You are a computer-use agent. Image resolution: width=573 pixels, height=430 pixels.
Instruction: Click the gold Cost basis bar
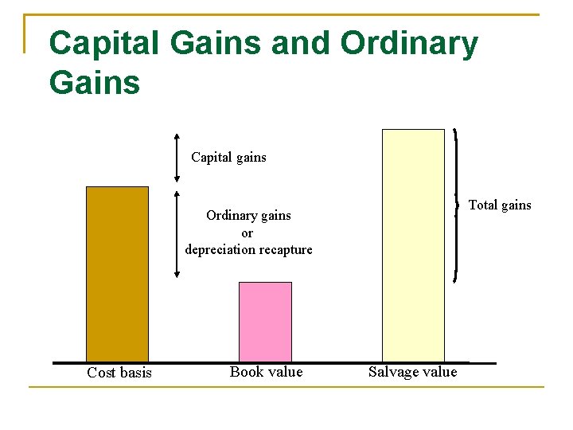click(x=117, y=274)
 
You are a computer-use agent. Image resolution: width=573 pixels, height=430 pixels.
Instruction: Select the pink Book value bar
click(x=265, y=322)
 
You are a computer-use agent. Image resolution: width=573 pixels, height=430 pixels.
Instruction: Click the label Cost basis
click(x=119, y=373)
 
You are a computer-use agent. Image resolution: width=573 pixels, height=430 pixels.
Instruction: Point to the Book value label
click(x=266, y=372)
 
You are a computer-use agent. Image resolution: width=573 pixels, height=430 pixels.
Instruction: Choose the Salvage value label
click(x=412, y=372)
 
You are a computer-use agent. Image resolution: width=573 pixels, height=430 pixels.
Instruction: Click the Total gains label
click(x=499, y=205)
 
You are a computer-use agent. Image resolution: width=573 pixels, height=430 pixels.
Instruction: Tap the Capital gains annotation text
click(x=228, y=158)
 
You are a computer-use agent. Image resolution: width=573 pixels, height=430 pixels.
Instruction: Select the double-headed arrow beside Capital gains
click(x=177, y=158)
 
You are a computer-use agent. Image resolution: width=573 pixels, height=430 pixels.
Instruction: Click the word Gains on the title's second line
click(x=94, y=82)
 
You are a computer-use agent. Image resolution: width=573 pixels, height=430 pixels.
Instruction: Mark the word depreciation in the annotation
click(x=220, y=250)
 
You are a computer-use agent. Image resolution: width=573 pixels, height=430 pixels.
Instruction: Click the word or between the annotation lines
click(x=247, y=233)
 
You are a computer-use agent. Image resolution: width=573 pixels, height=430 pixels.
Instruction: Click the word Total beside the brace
click(x=482, y=205)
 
